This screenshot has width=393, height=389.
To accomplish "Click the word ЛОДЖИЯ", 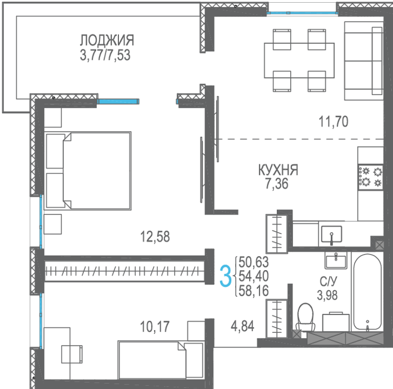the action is [x=107, y=40].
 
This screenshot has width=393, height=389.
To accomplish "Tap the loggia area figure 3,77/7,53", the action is [x=105, y=56].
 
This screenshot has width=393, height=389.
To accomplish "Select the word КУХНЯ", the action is [x=278, y=170].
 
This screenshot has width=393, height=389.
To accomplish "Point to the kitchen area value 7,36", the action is [x=277, y=184].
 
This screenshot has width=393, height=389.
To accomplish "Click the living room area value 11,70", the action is [x=334, y=122].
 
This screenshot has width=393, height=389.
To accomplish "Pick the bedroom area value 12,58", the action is [x=155, y=236].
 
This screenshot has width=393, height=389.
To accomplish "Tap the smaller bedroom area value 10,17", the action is [x=155, y=327].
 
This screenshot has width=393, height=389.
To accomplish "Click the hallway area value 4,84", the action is [x=242, y=326].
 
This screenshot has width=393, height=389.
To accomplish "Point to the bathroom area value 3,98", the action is [x=327, y=295].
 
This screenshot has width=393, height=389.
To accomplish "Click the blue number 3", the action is [x=225, y=276].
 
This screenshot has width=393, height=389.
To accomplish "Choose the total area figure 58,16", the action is [x=253, y=291].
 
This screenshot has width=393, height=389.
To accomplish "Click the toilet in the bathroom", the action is [x=305, y=317].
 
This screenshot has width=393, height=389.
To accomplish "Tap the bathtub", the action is [x=367, y=292].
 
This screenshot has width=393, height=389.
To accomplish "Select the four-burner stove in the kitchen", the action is [x=370, y=177].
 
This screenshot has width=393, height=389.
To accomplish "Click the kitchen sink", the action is [x=332, y=234].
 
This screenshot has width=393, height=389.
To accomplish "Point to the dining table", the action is [x=299, y=61].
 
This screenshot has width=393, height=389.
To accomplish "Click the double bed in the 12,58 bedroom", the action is [x=88, y=171].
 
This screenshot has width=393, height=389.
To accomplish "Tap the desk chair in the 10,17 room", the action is [x=72, y=354].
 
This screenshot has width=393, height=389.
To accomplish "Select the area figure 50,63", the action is [x=253, y=262].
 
